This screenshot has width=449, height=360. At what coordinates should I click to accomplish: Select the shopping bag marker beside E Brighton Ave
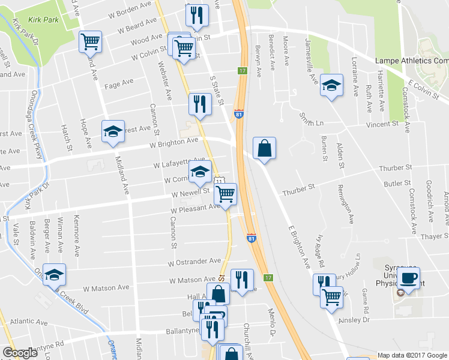(264, 148)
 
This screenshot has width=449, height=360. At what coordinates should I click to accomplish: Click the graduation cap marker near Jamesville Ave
(331, 86)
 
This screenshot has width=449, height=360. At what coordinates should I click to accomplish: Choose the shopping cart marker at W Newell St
(226, 194)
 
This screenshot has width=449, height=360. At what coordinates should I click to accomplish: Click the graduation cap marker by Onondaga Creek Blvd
(54, 275)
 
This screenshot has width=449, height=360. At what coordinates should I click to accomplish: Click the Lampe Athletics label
(411, 61)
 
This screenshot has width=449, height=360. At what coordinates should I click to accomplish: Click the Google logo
(20, 353)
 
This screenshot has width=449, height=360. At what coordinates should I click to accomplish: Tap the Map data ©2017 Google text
(412, 355)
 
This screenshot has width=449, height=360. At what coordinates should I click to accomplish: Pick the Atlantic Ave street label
(24, 322)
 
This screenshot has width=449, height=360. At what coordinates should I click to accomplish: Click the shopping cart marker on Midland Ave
(90, 42)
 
